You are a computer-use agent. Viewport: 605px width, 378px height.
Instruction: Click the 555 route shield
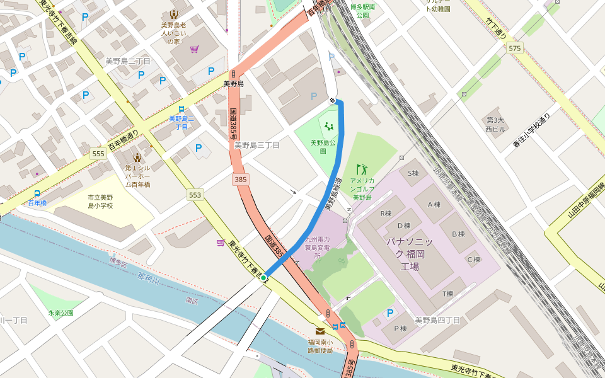click(x=98, y=154)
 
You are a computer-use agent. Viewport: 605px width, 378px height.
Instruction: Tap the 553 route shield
click(x=195, y=195)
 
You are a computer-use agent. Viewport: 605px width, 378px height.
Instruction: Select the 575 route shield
click(x=515, y=49)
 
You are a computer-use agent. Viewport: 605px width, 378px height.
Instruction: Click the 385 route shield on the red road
click(x=240, y=180)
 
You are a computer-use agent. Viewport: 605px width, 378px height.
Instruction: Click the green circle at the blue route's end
click(x=263, y=278)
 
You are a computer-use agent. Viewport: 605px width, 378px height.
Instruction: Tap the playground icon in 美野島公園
click(x=328, y=126)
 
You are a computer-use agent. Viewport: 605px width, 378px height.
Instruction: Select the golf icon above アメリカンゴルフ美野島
click(x=362, y=169)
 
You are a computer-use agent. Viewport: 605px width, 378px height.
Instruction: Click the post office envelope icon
click(x=320, y=331)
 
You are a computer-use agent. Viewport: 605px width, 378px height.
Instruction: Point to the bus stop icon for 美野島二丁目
click(x=181, y=109)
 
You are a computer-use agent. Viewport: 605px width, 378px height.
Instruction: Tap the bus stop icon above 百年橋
click(x=37, y=193)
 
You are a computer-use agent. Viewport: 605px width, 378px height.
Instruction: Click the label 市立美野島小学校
click(x=100, y=202)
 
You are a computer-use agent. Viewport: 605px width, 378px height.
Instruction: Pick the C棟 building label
click(x=473, y=260)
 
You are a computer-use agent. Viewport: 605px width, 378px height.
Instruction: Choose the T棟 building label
click(x=448, y=294)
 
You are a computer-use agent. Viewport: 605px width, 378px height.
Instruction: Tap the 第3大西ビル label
click(x=495, y=124)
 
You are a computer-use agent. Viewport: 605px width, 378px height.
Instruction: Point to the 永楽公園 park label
click(x=61, y=312)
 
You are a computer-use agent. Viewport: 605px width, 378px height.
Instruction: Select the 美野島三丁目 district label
click(x=256, y=145)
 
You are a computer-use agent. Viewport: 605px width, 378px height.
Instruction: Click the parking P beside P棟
click(x=390, y=313)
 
